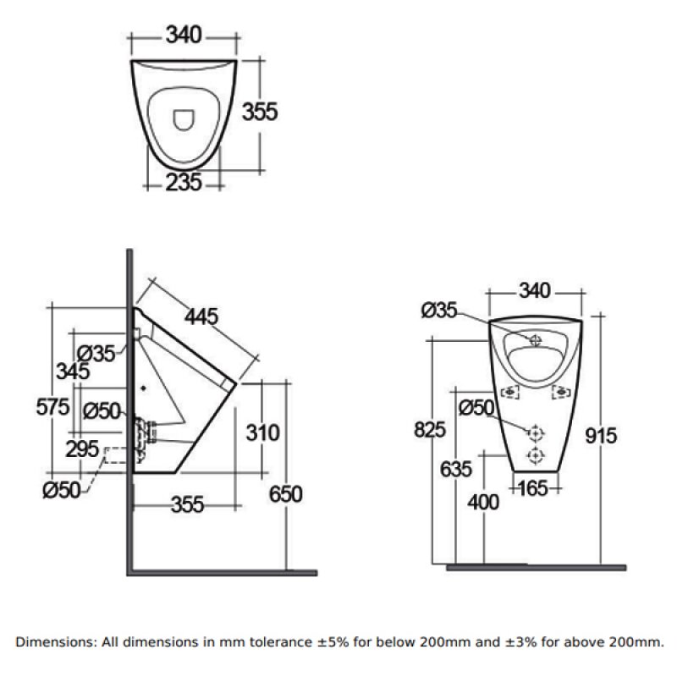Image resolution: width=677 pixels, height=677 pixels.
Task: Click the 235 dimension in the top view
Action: (x=183, y=181)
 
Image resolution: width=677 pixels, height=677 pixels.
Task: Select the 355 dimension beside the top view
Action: (x=260, y=112)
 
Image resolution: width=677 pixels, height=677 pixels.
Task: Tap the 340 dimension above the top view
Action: (x=183, y=35)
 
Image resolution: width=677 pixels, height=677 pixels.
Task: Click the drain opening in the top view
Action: (x=183, y=120)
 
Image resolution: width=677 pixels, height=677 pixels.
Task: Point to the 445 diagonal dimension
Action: (x=201, y=316)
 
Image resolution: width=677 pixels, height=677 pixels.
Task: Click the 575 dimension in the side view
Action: (x=52, y=407)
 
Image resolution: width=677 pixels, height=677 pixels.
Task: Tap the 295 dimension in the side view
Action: (x=82, y=449)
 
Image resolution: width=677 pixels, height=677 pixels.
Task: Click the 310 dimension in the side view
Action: (x=262, y=433)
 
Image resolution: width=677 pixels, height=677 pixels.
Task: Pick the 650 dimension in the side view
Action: (x=284, y=493)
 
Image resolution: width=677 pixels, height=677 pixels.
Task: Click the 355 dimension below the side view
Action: (x=187, y=504)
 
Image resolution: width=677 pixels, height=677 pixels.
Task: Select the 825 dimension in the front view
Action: (x=430, y=430)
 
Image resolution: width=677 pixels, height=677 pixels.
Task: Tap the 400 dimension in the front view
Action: (x=483, y=501)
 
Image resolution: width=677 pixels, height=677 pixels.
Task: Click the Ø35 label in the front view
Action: (x=438, y=311)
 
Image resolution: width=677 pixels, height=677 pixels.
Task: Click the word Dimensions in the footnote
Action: (x=53, y=642)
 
